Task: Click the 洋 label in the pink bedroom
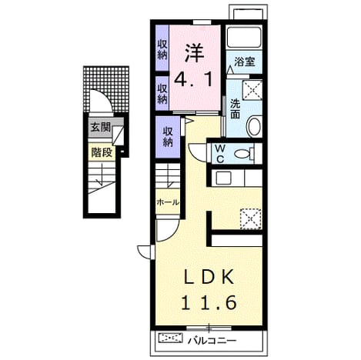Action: tap(194, 54)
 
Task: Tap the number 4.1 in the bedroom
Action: tap(193, 78)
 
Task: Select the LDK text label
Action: tap(209, 277)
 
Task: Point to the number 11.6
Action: tap(209, 302)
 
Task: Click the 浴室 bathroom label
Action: tap(244, 62)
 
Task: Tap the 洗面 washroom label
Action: tap(235, 108)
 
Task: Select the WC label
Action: tap(220, 154)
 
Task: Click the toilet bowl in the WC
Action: tap(244, 154)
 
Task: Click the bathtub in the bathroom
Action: tap(244, 37)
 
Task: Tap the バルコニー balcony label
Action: tap(212, 341)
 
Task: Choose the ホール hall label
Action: tap(168, 202)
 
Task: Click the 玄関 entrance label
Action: tap(101, 127)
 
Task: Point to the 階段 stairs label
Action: tap(102, 153)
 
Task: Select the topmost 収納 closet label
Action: tap(162, 50)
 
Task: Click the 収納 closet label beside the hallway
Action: tap(168, 137)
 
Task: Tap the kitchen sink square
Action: tap(223, 178)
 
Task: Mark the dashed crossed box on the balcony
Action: tap(170, 338)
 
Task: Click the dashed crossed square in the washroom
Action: tap(252, 90)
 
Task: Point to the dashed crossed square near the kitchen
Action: tap(251, 219)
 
